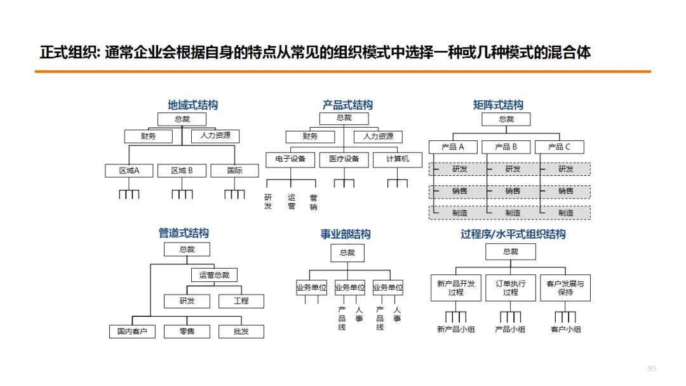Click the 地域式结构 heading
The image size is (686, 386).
[x=192, y=105]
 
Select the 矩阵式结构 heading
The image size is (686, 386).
[x=498, y=105]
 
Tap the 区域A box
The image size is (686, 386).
[x=129, y=170]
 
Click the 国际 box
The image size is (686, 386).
[x=234, y=170]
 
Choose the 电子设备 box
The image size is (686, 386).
[x=290, y=159]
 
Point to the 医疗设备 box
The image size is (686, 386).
[x=344, y=159]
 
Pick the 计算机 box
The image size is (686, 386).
[x=398, y=159]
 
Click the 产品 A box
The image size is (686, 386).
[x=452, y=147]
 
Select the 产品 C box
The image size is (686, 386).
[x=559, y=147]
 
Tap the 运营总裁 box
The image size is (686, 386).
[x=214, y=275]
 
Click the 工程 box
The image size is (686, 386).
[x=241, y=301]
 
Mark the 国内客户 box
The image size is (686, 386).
[x=132, y=331]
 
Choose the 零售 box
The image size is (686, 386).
[x=187, y=331]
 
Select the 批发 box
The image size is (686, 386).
[x=241, y=331]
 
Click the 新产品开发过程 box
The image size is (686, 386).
[x=455, y=288]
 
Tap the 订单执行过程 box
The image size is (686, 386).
[x=510, y=288]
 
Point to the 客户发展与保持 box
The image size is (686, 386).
[x=565, y=288]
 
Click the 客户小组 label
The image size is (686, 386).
[x=565, y=329]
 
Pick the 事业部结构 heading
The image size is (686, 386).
[x=346, y=234]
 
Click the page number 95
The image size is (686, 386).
[x=652, y=369]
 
